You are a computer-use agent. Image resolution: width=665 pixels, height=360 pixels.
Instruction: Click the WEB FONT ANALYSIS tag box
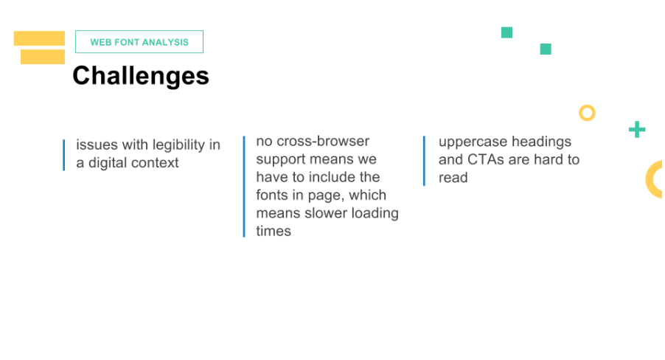click(139, 41)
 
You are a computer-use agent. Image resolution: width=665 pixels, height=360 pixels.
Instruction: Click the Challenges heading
click(141, 76)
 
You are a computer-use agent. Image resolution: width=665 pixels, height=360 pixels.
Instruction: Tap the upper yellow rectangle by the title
click(39, 38)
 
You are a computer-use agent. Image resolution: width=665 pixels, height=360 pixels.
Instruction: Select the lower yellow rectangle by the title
click(43, 57)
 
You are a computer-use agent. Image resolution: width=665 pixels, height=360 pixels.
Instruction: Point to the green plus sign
click(636, 130)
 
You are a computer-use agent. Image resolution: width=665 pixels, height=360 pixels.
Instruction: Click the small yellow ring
click(587, 113)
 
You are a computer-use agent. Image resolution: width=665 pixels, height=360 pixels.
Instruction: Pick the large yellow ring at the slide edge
click(655, 179)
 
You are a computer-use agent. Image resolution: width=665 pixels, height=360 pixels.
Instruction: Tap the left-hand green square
click(506, 32)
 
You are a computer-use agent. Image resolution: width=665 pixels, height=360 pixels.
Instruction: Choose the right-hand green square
click(546, 49)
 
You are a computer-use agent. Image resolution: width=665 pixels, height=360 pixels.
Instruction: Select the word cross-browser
click(323, 141)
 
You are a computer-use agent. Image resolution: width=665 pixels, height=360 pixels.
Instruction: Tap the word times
click(274, 231)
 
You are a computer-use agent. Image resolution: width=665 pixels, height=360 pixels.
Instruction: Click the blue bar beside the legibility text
click(63, 155)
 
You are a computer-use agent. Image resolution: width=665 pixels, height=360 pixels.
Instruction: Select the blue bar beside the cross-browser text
click(244, 187)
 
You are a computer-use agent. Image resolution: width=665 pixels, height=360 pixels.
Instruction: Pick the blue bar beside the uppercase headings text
click(424, 161)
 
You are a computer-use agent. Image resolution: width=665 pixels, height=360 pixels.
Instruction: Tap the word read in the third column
click(453, 178)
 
